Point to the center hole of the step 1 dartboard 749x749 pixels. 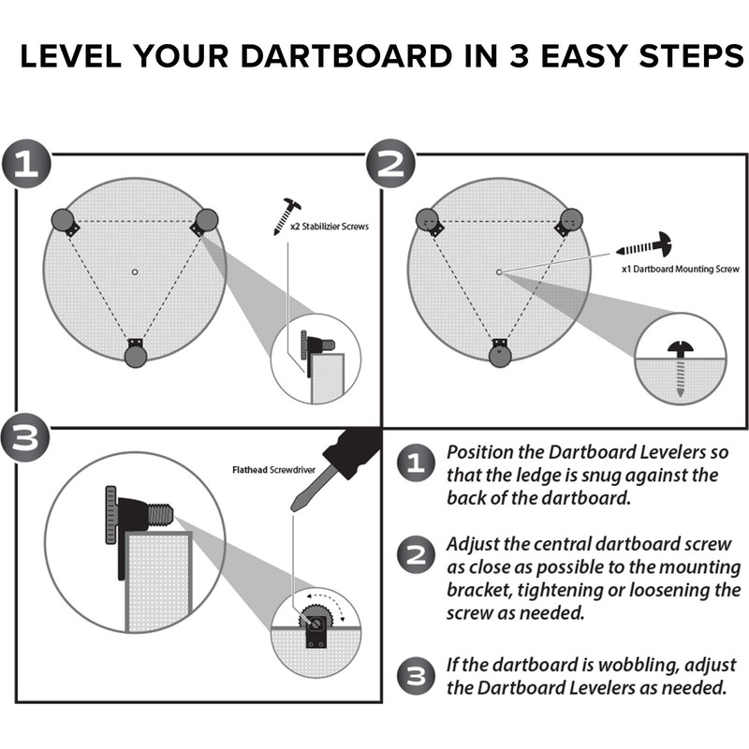tap(135, 272)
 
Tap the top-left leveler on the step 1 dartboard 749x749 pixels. tap(64, 222)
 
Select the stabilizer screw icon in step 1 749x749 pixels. tap(286, 215)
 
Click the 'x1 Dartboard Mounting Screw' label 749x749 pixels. tap(679, 270)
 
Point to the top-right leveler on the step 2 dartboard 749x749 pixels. tap(570, 222)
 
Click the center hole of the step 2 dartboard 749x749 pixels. tap(499, 272)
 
